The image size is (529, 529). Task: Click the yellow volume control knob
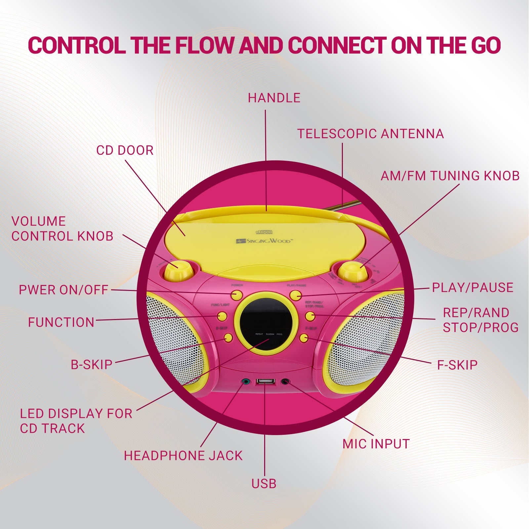tap(179, 271)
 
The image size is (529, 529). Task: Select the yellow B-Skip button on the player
tap(228, 338)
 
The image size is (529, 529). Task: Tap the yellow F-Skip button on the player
tap(304, 338)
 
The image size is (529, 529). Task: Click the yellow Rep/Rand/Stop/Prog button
tap(310, 316)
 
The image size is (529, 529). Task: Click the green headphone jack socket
tap(245, 382)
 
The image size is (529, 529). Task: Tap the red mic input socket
tap(285, 382)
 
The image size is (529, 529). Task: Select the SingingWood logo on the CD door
tap(264, 241)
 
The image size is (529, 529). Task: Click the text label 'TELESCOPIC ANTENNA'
tap(370, 134)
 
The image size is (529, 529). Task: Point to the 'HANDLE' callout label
tap(274, 98)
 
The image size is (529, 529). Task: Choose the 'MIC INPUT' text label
tap(376, 444)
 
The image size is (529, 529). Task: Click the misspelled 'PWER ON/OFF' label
tap(63, 290)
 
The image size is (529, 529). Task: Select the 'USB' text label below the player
tap(264, 484)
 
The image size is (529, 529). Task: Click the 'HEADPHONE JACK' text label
tap(183, 456)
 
